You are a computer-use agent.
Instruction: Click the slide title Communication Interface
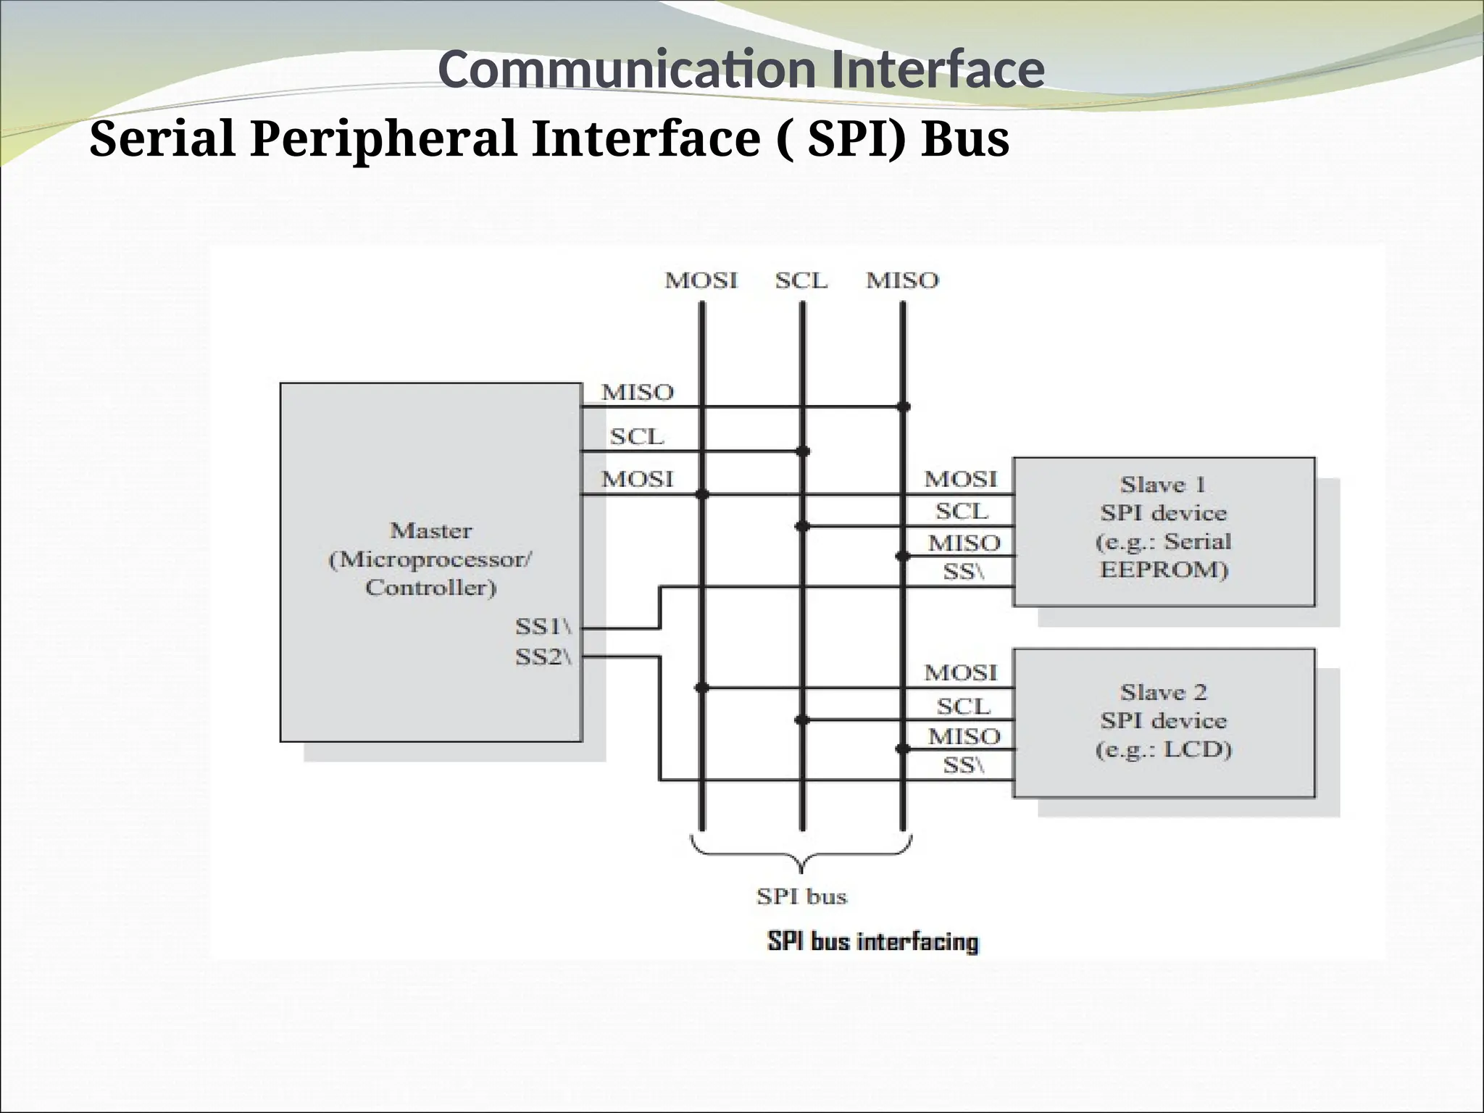(x=741, y=70)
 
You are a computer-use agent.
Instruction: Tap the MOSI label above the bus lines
(x=701, y=280)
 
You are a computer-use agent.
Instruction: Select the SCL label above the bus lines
(x=801, y=280)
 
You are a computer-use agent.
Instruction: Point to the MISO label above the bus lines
(x=902, y=280)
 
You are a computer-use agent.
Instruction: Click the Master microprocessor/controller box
(x=431, y=562)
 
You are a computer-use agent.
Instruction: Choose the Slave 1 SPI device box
(x=1164, y=531)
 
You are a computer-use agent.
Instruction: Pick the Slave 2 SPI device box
(x=1164, y=722)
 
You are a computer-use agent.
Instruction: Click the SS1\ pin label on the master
(x=543, y=626)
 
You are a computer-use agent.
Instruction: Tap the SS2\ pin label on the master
(x=543, y=656)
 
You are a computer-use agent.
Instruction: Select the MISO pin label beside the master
(x=637, y=393)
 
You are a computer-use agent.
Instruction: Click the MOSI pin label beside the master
(x=637, y=479)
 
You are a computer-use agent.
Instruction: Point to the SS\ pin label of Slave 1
(x=963, y=572)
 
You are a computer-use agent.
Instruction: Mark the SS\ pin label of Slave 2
(x=963, y=765)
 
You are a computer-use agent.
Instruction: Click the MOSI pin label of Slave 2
(x=961, y=673)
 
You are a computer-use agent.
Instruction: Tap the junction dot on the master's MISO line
(x=903, y=407)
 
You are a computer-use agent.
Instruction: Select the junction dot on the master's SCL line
(x=802, y=451)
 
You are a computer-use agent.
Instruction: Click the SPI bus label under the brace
(x=801, y=897)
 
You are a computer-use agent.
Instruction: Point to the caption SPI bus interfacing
(x=872, y=942)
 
